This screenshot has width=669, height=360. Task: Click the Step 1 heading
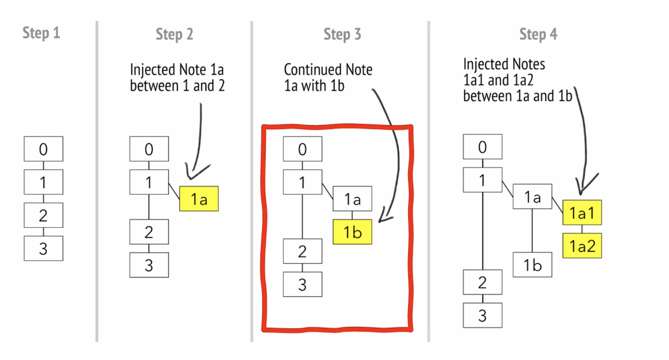[x=41, y=32]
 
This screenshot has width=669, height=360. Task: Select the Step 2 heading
[x=174, y=34]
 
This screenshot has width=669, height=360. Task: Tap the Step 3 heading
[x=342, y=34]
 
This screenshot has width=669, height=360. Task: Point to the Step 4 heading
[x=538, y=34]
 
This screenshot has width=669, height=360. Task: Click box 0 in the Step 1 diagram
[x=43, y=148]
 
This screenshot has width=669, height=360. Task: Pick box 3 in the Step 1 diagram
[x=43, y=248]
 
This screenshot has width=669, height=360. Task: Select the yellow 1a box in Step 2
[x=199, y=199]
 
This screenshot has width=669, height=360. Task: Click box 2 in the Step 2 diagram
[x=149, y=232]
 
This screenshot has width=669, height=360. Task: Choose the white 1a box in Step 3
[x=352, y=198]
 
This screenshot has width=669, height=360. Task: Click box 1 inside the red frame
[x=302, y=183]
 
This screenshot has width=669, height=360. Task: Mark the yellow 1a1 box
[x=582, y=212]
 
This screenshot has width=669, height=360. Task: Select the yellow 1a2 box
[x=582, y=245]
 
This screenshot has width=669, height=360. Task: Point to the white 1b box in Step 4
[x=532, y=265]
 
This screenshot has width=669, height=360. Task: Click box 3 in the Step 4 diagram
[x=482, y=315]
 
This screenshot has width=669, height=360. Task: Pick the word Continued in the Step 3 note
[x=310, y=70]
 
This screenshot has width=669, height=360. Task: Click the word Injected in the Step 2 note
[x=153, y=70]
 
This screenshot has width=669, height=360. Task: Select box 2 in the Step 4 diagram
[x=482, y=282]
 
